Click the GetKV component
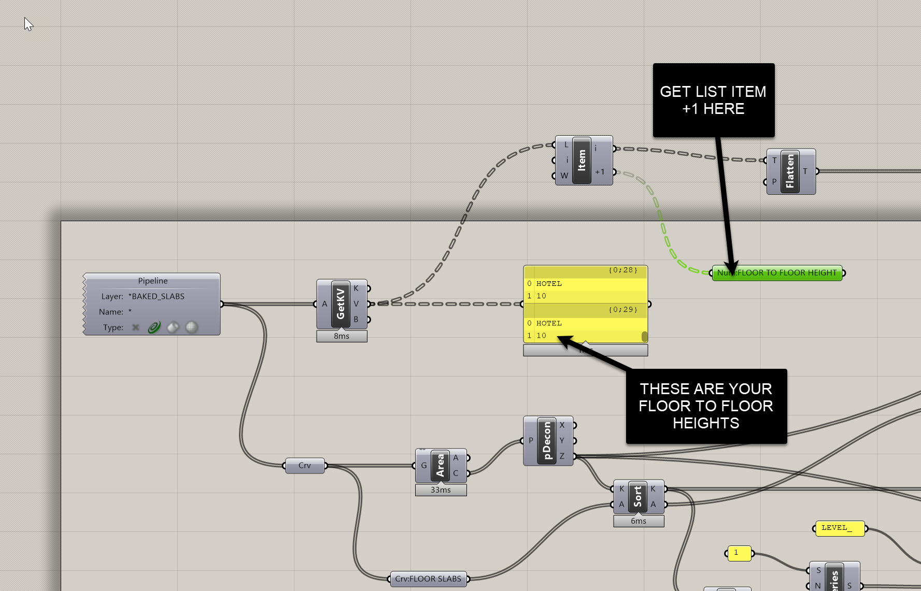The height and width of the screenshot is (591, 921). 341,304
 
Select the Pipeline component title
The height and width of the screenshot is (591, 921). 152,281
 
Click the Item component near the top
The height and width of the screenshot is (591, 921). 582,160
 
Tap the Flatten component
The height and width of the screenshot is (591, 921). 790,171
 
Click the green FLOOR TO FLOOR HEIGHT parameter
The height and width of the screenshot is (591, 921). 777,273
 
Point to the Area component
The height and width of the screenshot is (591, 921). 440,465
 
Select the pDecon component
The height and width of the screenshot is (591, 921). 546,441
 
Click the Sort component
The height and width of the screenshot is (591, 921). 637,496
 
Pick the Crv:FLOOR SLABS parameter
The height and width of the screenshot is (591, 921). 428,579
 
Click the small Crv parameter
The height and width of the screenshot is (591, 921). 305,466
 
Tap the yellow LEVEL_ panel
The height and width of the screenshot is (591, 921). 839,528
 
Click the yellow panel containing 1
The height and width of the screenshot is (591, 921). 739,553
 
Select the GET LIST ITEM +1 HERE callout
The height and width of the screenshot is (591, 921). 713,100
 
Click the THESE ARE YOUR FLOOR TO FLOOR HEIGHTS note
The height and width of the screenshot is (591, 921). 706,406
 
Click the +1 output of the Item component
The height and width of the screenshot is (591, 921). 600,172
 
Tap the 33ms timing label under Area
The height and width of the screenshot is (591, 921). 441,490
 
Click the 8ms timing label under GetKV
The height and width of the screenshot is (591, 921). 342,336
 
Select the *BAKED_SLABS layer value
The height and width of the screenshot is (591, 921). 158,296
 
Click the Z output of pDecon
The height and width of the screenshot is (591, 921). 562,456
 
